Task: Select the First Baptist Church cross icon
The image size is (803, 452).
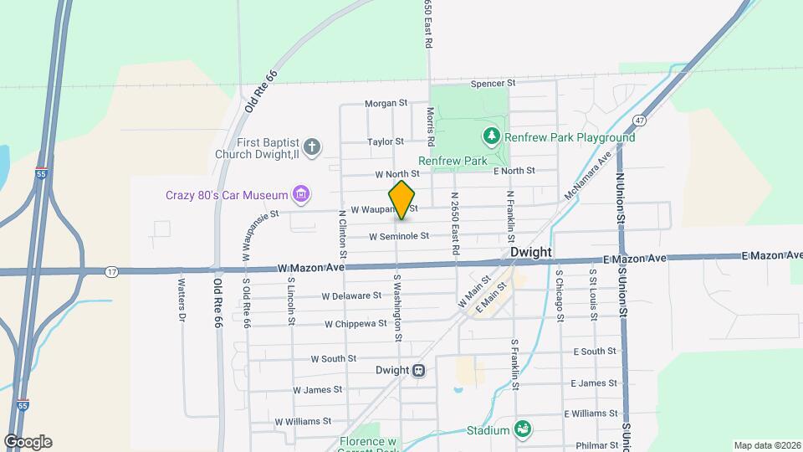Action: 312,148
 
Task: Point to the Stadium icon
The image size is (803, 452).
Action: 523,429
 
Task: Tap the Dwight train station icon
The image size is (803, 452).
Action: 419,370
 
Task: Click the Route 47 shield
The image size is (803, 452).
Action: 639,120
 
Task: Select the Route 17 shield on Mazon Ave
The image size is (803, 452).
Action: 111,271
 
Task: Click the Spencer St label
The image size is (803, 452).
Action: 493,83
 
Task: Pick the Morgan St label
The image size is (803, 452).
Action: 386,104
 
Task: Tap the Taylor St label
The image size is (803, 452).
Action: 386,142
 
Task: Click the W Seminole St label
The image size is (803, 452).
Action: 399,236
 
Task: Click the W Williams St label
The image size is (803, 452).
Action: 302,421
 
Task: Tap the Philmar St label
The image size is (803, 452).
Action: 596,444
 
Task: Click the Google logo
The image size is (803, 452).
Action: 27,442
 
